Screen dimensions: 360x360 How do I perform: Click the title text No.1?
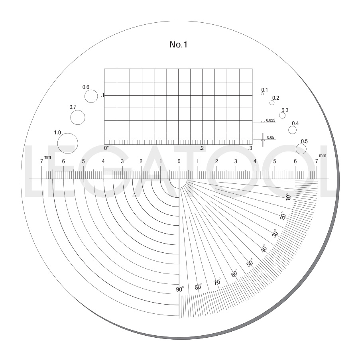178,45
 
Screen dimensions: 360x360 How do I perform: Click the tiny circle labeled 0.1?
262,94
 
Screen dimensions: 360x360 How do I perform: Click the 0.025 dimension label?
271,120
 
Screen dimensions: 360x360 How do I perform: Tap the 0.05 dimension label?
271,138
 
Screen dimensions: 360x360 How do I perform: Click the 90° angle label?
180,289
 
